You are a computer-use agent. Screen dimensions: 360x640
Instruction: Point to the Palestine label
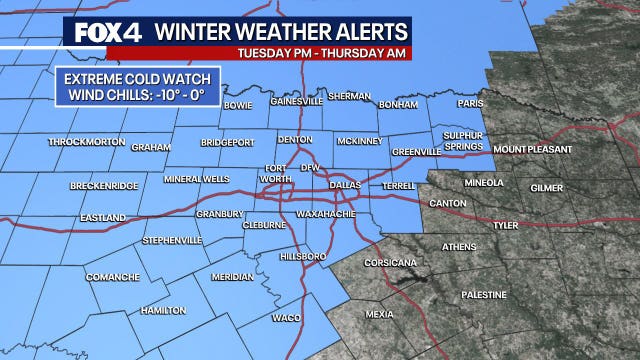tap(485, 295)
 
